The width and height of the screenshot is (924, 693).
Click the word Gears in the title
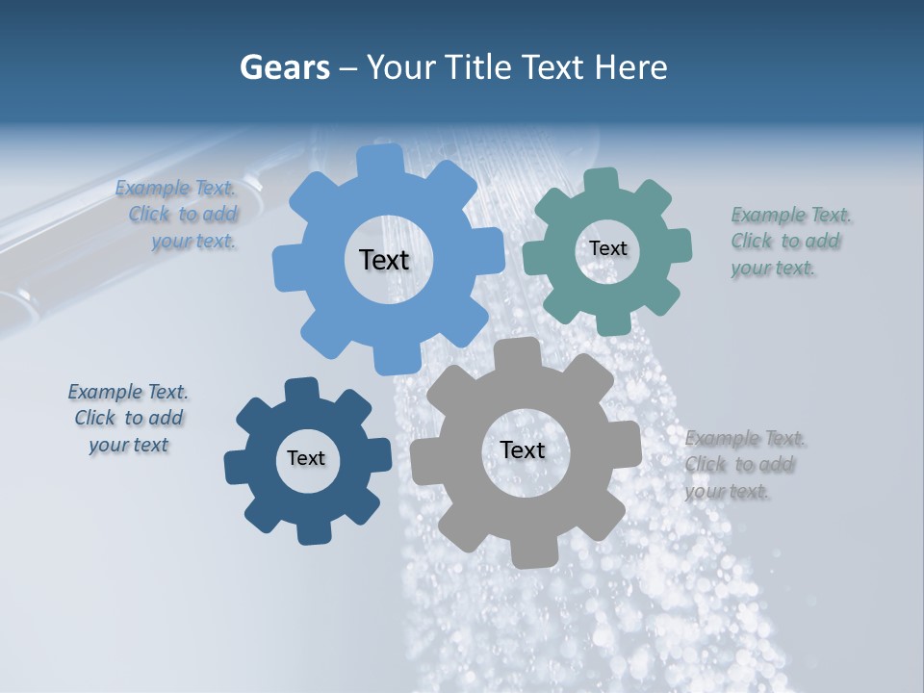284,68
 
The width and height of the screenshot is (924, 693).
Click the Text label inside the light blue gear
384,260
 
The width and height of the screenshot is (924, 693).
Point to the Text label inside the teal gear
607,248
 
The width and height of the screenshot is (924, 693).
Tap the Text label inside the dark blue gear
306,458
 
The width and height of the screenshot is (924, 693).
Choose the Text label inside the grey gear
522,449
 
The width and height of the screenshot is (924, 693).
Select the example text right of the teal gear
790,242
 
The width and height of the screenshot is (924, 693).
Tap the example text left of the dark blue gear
128,418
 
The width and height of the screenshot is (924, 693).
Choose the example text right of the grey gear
744,465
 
